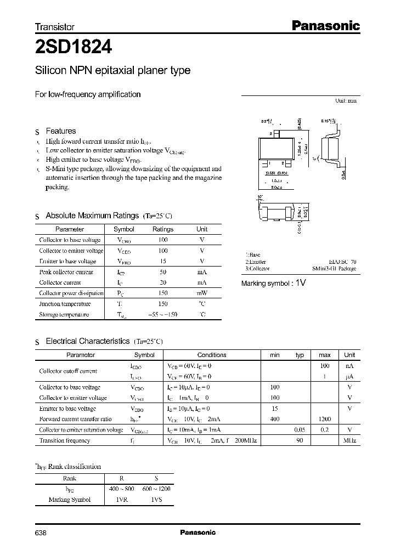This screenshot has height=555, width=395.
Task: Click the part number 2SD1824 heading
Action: pos(74,48)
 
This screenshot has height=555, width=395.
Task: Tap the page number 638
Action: pos(41,532)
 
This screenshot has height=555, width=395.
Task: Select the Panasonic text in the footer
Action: pos(198,532)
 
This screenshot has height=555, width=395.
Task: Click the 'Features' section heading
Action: pos(61,131)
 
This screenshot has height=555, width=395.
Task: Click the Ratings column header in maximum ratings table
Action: pos(163,229)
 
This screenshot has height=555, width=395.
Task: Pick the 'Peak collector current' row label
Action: pos(66,272)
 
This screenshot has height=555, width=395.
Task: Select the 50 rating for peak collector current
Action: pos(163,272)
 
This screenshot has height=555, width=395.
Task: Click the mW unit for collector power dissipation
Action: pos(202,293)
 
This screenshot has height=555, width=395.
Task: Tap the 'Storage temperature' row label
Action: pos(64,315)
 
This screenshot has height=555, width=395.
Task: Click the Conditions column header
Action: pos(212,355)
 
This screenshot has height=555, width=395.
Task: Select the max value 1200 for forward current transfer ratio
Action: pos(324,419)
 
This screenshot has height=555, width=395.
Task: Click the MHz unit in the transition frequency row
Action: pos(349,440)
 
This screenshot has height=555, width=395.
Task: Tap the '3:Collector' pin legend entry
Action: pos(257,269)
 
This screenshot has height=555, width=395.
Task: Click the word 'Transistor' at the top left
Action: pos(55,26)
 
